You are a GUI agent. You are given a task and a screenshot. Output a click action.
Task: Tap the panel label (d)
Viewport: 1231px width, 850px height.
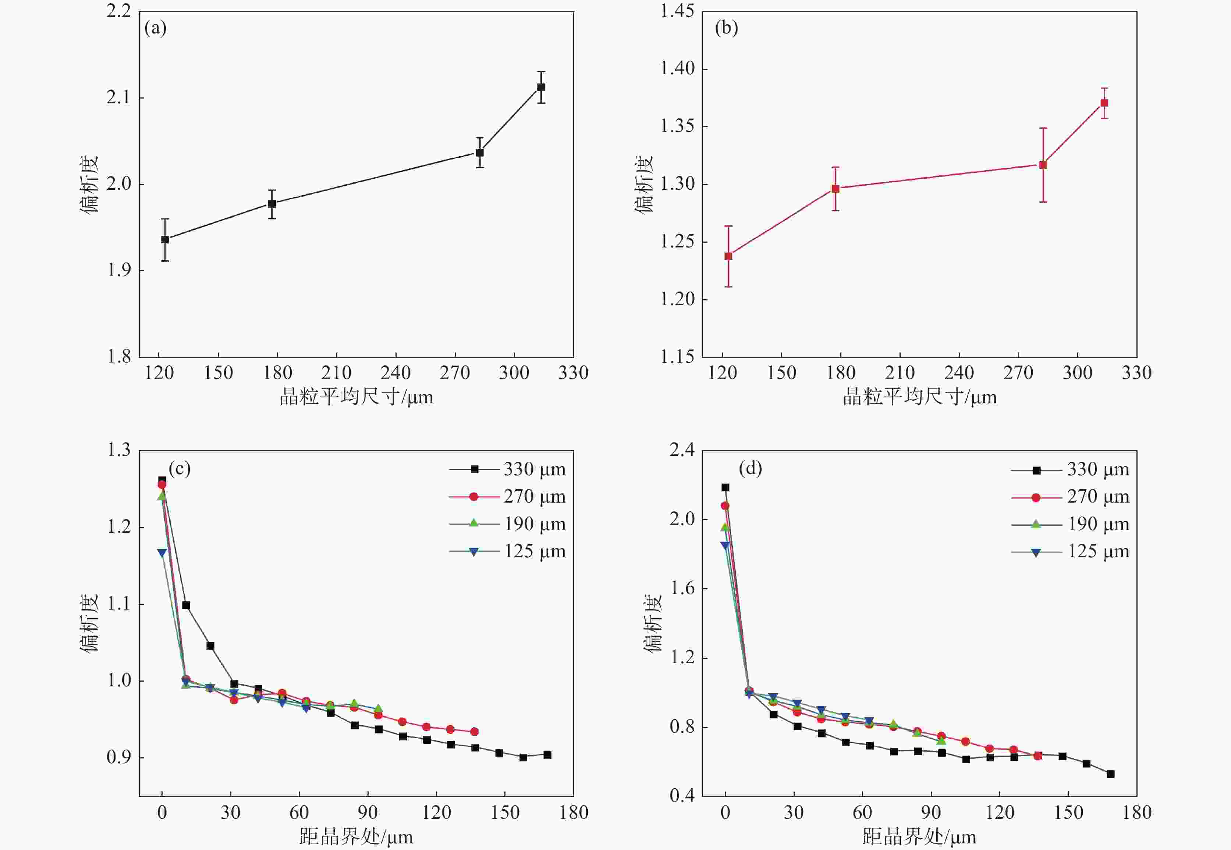click(x=750, y=468)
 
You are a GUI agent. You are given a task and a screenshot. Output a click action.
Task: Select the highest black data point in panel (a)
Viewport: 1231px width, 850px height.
click(x=541, y=87)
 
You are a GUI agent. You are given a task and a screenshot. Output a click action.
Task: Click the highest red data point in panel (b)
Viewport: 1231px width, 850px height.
click(x=1104, y=103)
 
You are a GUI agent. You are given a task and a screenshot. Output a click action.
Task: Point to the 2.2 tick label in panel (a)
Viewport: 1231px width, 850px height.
click(x=119, y=11)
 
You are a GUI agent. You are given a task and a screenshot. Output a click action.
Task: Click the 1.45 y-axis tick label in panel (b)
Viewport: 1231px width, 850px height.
click(x=677, y=11)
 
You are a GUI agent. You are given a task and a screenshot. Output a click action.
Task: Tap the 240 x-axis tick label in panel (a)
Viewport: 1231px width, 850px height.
click(x=395, y=373)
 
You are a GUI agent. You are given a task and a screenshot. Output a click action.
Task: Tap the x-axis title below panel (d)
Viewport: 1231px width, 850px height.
click(x=919, y=837)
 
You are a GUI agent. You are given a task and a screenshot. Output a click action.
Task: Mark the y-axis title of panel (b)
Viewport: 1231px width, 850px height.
click(x=644, y=184)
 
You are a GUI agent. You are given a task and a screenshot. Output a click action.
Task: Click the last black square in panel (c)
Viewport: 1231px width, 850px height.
click(x=547, y=755)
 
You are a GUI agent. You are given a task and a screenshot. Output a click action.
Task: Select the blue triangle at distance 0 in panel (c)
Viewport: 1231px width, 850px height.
click(x=162, y=553)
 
